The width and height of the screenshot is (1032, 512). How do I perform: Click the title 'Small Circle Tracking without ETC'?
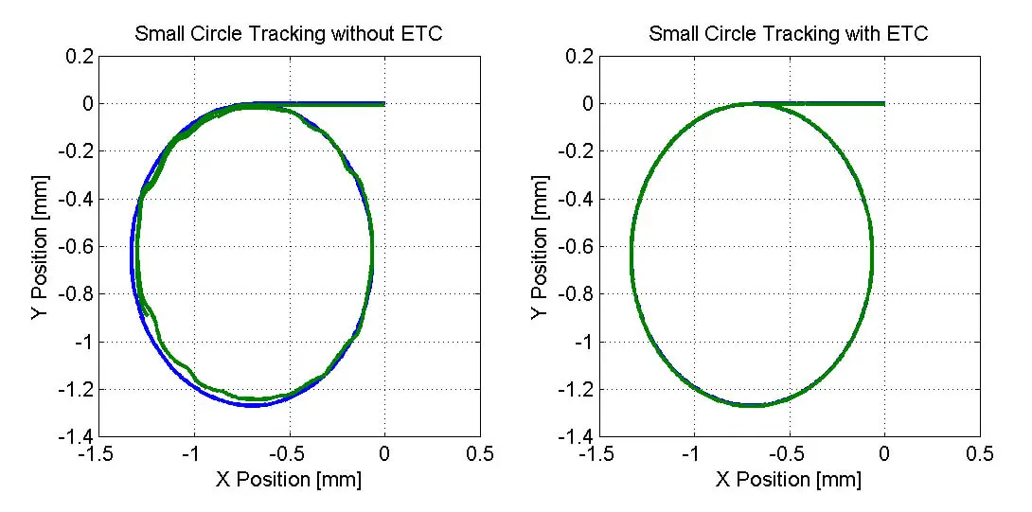(289, 35)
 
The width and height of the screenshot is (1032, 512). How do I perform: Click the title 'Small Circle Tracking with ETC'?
(789, 35)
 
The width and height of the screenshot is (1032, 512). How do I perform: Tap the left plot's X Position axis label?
(289, 480)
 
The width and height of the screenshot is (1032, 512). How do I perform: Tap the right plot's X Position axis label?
(789, 480)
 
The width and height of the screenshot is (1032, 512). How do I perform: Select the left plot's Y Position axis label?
(39, 247)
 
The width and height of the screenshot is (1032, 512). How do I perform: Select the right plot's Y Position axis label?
(539, 247)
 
